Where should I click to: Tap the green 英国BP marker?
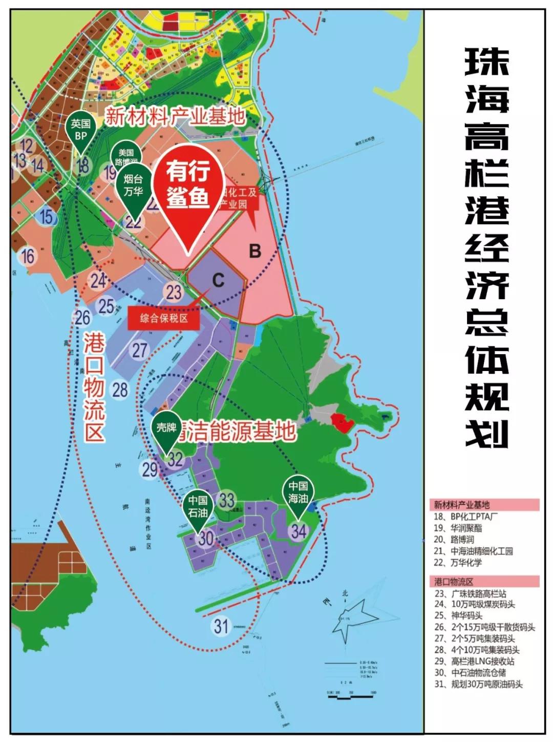coord(81,130)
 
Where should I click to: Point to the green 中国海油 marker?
coord(297,492)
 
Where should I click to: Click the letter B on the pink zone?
coord(255,251)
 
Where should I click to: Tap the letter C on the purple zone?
coord(218,280)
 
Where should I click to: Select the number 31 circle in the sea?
coord(221,626)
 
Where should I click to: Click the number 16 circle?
coord(28,256)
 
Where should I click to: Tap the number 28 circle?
coord(120,389)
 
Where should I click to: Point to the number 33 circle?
coord(227,500)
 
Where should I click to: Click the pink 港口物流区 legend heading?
coord(484,581)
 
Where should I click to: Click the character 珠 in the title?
coord(486,63)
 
